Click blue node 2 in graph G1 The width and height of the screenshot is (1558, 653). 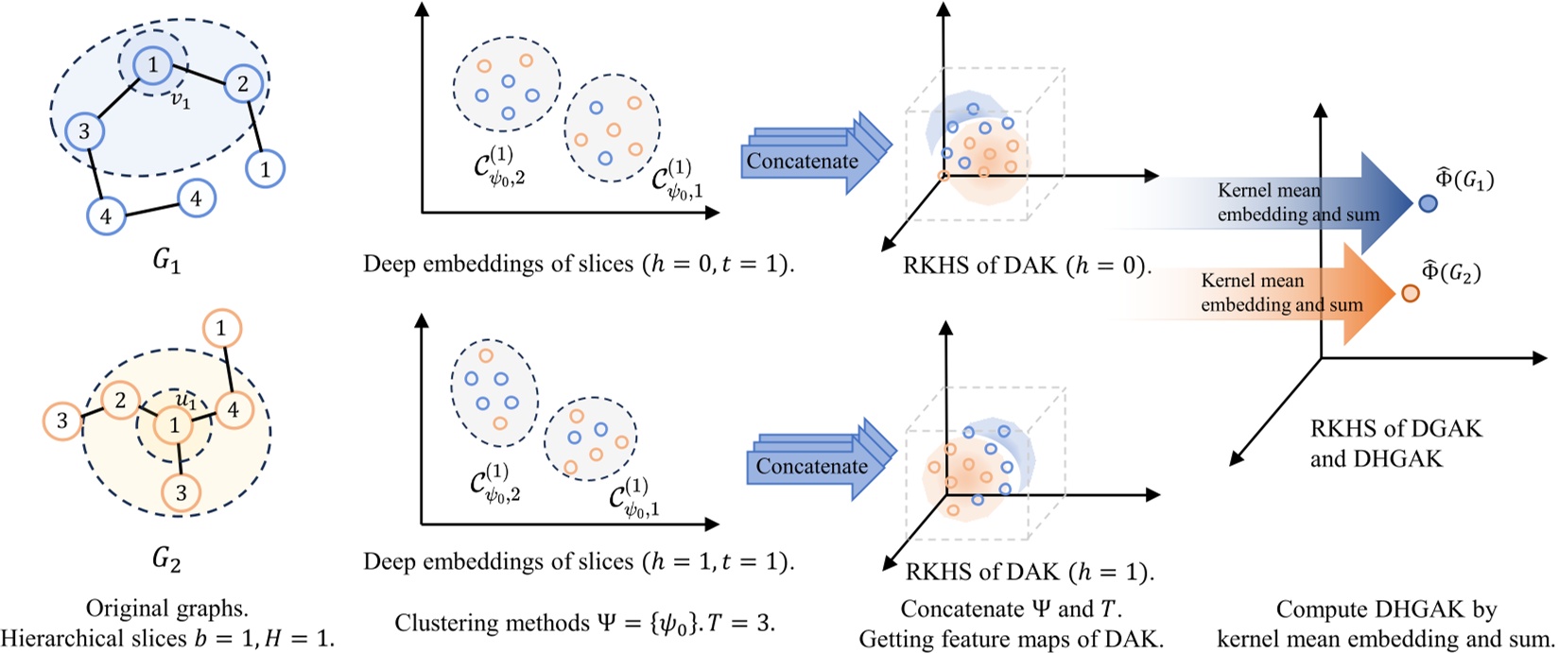[243, 84]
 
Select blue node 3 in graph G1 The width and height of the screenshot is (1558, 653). [84, 130]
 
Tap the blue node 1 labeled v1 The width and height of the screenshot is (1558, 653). [152, 65]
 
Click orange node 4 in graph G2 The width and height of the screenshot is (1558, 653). [233, 410]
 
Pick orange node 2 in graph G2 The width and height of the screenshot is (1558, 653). [120, 401]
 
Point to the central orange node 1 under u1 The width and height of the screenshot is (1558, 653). [173, 426]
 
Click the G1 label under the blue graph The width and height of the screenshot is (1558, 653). [166, 263]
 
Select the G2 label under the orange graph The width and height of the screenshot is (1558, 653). [166, 560]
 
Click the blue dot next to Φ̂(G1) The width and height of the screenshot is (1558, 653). [1428, 202]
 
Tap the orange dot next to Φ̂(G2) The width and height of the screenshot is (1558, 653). [1411, 293]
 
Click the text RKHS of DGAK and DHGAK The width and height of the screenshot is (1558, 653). [1395, 444]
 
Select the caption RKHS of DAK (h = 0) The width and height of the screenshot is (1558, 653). [1027, 266]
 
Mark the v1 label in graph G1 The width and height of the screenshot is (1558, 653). [181, 99]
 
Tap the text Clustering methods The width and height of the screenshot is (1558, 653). [473, 623]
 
